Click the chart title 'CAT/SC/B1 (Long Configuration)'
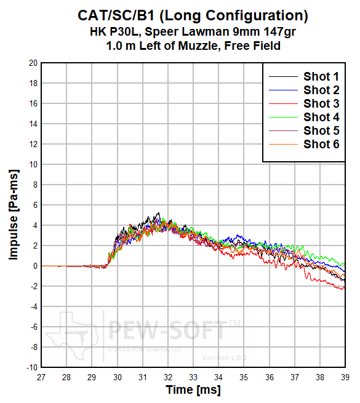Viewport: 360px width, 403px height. pos(193,14)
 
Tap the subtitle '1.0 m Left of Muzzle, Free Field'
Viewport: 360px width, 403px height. pos(193,46)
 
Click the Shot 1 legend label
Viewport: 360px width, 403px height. pos(321,77)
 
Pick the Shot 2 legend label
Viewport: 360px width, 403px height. pos(321,90)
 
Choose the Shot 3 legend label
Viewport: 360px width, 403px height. pos(321,103)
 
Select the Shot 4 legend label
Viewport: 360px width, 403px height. pos(321,117)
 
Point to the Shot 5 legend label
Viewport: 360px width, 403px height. pos(321,130)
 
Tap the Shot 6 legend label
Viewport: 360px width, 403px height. pos(321,145)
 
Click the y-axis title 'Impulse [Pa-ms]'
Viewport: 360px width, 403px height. pos(14,215)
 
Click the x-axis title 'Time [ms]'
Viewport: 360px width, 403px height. pos(193,390)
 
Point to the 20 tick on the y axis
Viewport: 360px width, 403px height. pos(33,63)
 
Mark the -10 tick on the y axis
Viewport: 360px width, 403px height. pos(31,367)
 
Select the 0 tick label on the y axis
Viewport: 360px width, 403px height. pos(36,266)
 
